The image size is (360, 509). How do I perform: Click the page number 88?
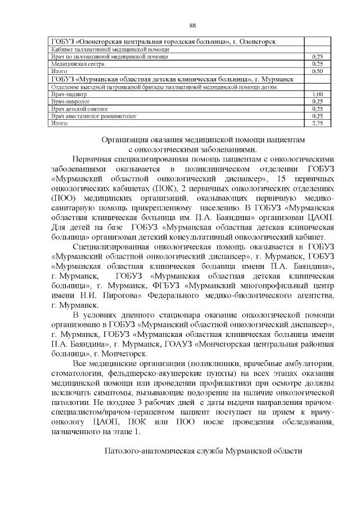pos(192,26)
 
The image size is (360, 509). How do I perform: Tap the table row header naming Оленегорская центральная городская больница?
pos(163,42)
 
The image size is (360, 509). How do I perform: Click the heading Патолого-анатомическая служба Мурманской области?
pos(204,451)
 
